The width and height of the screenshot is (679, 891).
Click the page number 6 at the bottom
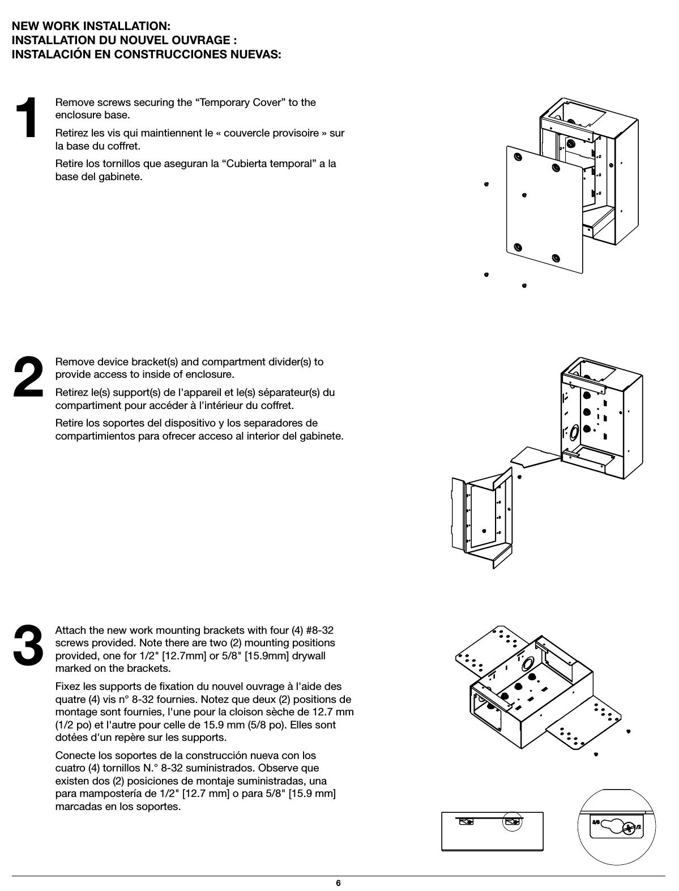point(338,883)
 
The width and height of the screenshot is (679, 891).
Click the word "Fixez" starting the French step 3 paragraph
point(67,687)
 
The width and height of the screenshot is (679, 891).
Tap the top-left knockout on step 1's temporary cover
point(518,157)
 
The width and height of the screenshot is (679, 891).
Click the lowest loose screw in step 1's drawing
point(524,285)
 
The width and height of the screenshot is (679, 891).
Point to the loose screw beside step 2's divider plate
point(519,476)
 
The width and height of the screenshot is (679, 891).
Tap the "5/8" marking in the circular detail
point(595,820)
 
